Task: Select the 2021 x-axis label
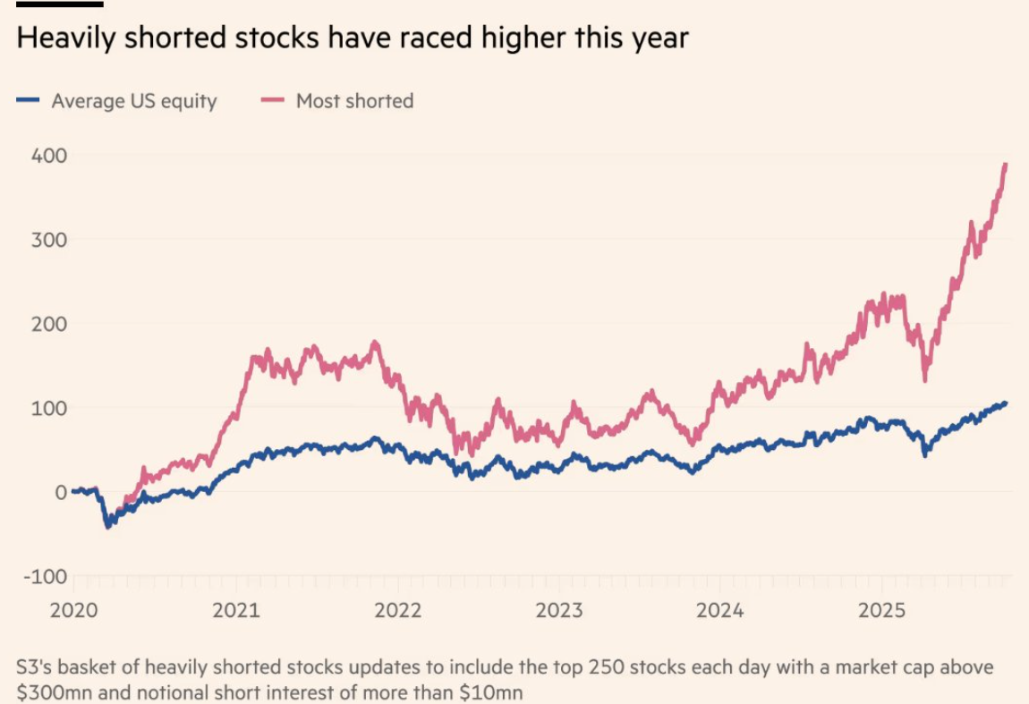[236, 610]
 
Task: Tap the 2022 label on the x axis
[398, 610]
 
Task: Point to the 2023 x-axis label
[559, 610]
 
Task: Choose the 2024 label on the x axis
[720, 610]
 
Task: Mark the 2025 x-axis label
[882, 610]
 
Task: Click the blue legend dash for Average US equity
[27, 101]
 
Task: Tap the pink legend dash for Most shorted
[272, 101]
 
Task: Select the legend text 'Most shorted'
[354, 101]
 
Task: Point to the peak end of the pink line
[1006, 165]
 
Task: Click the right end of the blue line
[1006, 403]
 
